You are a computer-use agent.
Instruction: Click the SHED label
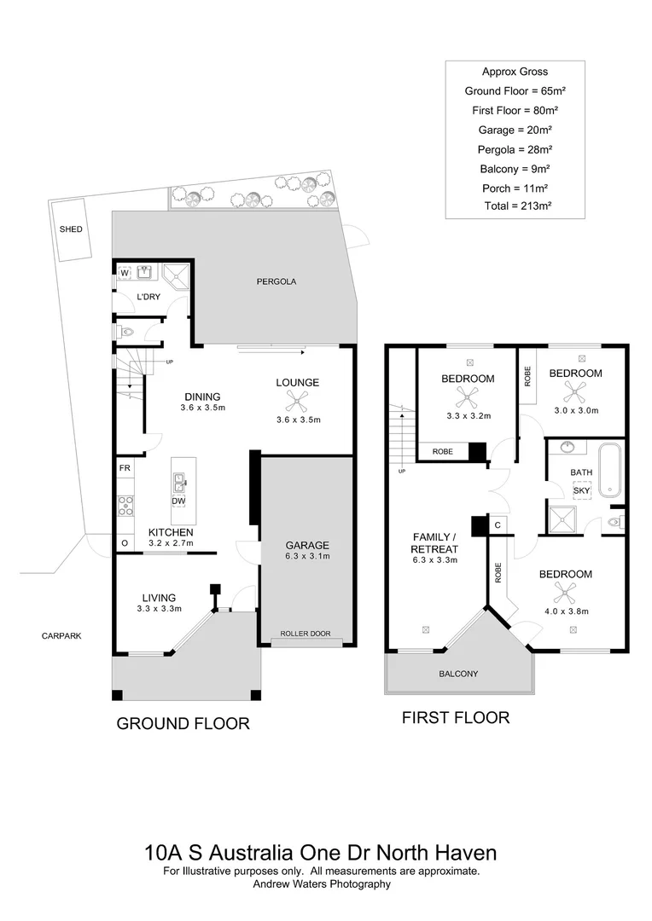pyautogui.click(x=70, y=229)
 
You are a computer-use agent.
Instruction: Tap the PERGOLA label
pyautogui.click(x=277, y=281)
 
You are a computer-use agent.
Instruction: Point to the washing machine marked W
pyautogui.click(x=125, y=273)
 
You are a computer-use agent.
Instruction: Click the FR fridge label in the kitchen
pyautogui.click(x=125, y=468)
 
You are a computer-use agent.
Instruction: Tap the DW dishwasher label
pyautogui.click(x=178, y=501)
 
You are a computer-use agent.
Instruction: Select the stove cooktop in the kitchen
pyautogui.click(x=125, y=505)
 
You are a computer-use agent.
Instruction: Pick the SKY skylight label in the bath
pyautogui.click(x=582, y=490)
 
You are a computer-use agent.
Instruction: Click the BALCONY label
pyautogui.click(x=458, y=674)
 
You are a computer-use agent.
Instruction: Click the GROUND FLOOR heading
pyautogui.click(x=183, y=724)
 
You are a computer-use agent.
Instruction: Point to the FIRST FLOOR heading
pyautogui.click(x=456, y=718)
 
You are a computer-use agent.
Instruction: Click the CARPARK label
pyautogui.click(x=62, y=636)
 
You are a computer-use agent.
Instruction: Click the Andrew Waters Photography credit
pyautogui.click(x=322, y=884)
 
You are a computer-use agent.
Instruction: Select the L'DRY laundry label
pyautogui.click(x=149, y=297)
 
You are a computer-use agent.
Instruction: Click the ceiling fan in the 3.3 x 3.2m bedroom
pyautogui.click(x=467, y=397)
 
